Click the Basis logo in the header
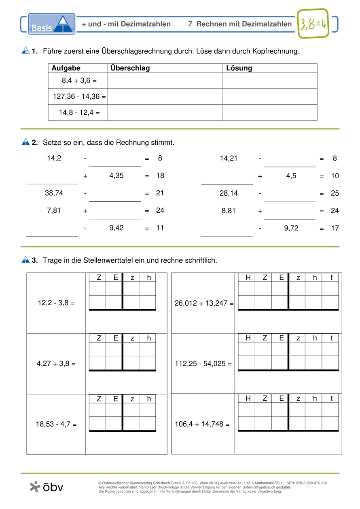pyautogui.click(x=51, y=24)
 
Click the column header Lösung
pyautogui.click(x=239, y=68)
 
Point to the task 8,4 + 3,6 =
pyautogui.click(x=79, y=80)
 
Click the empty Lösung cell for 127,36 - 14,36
pyautogui.click(x=270, y=96)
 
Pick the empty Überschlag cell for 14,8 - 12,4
pyautogui.click(x=165, y=112)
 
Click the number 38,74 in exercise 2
pyautogui.click(x=54, y=193)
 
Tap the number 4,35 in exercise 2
pyautogui.click(x=116, y=175)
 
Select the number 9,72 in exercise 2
pyautogui.click(x=291, y=228)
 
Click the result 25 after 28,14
pyautogui.click(x=335, y=193)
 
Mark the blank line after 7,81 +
pyautogui.click(x=115, y=216)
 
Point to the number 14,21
pyautogui.click(x=229, y=158)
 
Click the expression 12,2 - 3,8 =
pyautogui.click(x=56, y=302)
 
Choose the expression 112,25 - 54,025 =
pyautogui.click(x=203, y=363)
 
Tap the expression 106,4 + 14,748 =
pyautogui.click(x=202, y=424)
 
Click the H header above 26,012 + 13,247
pyautogui.click(x=248, y=277)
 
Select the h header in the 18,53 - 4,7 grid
pyautogui.click(x=148, y=399)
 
